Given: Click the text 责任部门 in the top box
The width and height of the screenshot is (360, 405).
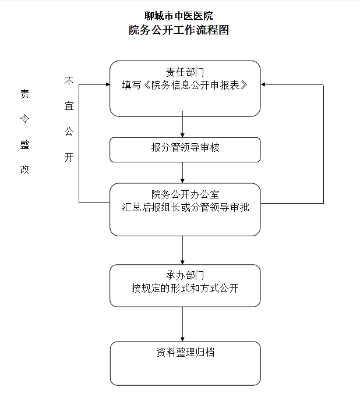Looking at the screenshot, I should pyautogui.click(x=185, y=72).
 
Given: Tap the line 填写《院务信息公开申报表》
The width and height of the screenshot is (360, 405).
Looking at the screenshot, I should pyautogui.click(x=185, y=85).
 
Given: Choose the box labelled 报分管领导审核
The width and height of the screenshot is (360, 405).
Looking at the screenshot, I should pyautogui.click(x=185, y=149).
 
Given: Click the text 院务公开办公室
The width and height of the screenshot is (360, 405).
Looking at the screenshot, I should pyautogui.click(x=185, y=194).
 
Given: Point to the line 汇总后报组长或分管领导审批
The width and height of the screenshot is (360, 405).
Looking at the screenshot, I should pyautogui.click(x=185, y=207).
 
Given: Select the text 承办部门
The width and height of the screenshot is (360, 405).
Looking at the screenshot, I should pyautogui.click(x=185, y=275).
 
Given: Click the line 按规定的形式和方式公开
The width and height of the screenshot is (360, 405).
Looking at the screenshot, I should pyautogui.click(x=185, y=288).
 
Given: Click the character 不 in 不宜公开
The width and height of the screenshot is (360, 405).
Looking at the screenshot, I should pyautogui.click(x=69, y=82).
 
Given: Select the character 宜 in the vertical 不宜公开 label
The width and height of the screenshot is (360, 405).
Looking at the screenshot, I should pyautogui.click(x=69, y=108).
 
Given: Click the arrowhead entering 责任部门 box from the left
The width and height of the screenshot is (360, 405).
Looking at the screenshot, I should pyautogui.click(x=107, y=85).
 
